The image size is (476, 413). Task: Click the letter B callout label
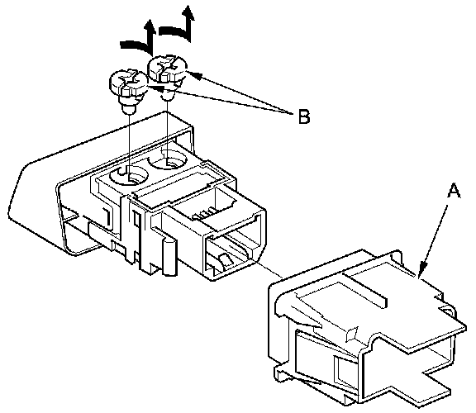pyautogui.click(x=304, y=116)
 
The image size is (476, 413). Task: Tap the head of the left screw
pyautogui.click(x=128, y=82)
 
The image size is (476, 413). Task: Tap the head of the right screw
pyautogui.click(x=167, y=69)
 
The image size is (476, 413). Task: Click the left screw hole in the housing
pyautogui.click(x=128, y=176)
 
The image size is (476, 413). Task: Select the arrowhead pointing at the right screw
pyautogui.click(x=195, y=75)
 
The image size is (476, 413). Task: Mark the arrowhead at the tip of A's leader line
pyautogui.click(x=422, y=269)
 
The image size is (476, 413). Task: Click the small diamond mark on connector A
pyautogui.click(x=351, y=334)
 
